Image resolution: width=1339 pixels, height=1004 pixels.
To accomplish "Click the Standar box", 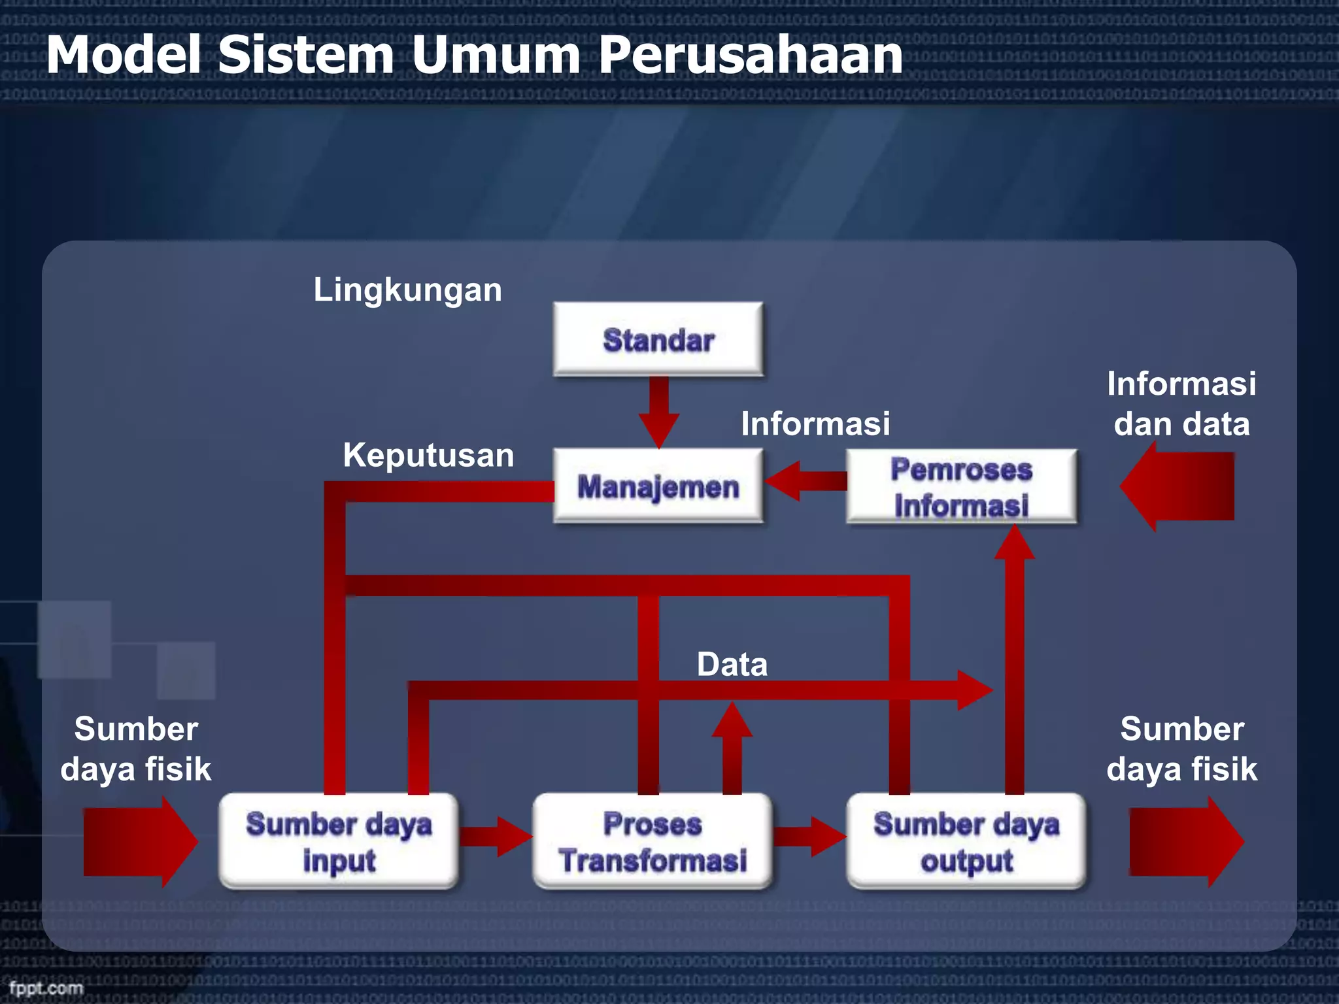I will pyautogui.click(x=658, y=339).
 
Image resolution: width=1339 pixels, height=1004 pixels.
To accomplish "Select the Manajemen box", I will pyautogui.click(x=658, y=486).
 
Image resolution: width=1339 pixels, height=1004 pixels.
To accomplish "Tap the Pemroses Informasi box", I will pyautogui.click(x=961, y=486).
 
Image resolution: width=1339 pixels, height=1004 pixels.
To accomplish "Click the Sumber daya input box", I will pyautogui.click(x=339, y=841).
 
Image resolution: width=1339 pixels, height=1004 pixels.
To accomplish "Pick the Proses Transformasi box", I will pyautogui.click(x=653, y=841).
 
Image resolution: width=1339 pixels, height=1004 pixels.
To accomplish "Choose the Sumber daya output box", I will pyautogui.click(x=966, y=841).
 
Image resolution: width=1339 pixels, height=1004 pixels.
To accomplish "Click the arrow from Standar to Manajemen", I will pyautogui.click(x=658, y=412).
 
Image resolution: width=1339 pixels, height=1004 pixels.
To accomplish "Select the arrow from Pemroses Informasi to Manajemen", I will pyautogui.click(x=804, y=481).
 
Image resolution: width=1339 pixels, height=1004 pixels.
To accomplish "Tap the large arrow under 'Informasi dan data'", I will pyautogui.click(x=1177, y=486).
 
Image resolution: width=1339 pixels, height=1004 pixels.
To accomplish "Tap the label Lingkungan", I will pyautogui.click(x=407, y=290).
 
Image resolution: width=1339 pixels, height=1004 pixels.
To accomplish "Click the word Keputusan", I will pyautogui.click(x=428, y=455).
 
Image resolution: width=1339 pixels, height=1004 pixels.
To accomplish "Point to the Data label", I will pyautogui.click(x=732, y=664).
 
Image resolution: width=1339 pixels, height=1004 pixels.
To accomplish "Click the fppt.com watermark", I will pyautogui.click(x=46, y=988).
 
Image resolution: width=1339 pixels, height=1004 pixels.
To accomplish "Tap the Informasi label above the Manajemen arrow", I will pyautogui.click(x=815, y=424).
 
